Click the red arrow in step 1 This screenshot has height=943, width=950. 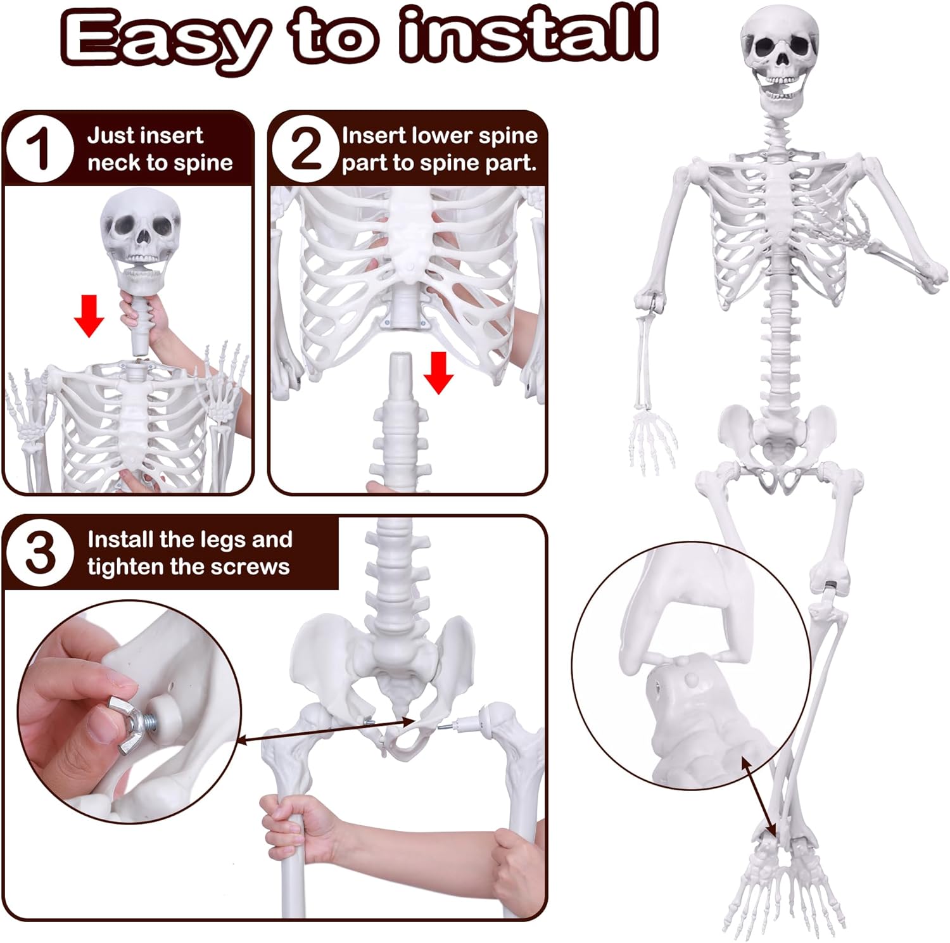pos(89,315)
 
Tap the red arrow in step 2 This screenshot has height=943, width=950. pos(438,372)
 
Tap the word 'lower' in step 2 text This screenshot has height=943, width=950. pos(441,136)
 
